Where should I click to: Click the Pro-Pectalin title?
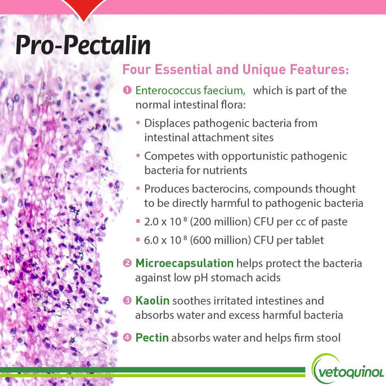tap(83, 46)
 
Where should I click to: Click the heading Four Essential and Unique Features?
tap(235, 71)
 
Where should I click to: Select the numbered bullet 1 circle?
tap(127, 90)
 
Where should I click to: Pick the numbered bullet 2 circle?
tap(127, 264)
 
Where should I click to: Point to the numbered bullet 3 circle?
tap(127, 301)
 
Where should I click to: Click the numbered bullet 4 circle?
tap(127, 337)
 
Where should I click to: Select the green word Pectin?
tap(152, 337)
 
